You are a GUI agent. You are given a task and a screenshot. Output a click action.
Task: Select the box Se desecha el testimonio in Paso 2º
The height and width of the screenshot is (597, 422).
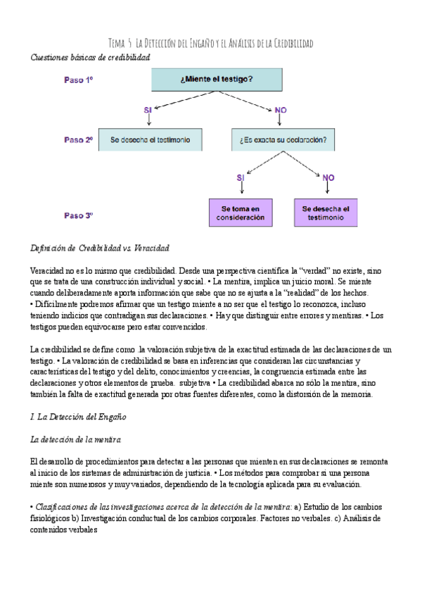coord(150,139)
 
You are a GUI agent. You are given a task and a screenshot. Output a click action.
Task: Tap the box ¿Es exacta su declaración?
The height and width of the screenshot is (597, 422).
coord(283,139)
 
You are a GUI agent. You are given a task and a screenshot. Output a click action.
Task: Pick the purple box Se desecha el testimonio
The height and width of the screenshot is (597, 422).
coord(326,213)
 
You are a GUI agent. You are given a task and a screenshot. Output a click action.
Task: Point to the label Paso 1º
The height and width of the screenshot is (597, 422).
coord(79,80)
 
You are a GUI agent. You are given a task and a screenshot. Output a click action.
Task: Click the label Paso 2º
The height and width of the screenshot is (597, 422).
coord(79,139)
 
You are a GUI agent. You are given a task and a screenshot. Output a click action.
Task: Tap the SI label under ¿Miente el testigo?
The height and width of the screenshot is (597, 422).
coord(148,111)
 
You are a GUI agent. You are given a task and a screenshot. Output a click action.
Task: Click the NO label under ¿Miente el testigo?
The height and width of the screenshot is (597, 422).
coord(281,111)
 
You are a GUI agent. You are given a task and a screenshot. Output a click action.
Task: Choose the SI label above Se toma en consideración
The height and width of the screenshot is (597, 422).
coord(241,178)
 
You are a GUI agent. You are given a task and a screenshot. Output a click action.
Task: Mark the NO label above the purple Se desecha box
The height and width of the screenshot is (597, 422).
coord(328,178)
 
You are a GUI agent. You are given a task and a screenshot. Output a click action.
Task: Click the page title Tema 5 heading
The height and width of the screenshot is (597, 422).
coord(212,44)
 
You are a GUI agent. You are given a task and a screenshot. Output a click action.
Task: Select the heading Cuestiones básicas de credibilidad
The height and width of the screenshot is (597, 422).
coord(91,57)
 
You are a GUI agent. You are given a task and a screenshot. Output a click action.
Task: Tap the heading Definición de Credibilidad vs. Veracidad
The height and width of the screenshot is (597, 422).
coord(100,249)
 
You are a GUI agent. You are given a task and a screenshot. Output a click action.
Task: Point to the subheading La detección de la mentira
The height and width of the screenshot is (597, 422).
coord(76,440)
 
